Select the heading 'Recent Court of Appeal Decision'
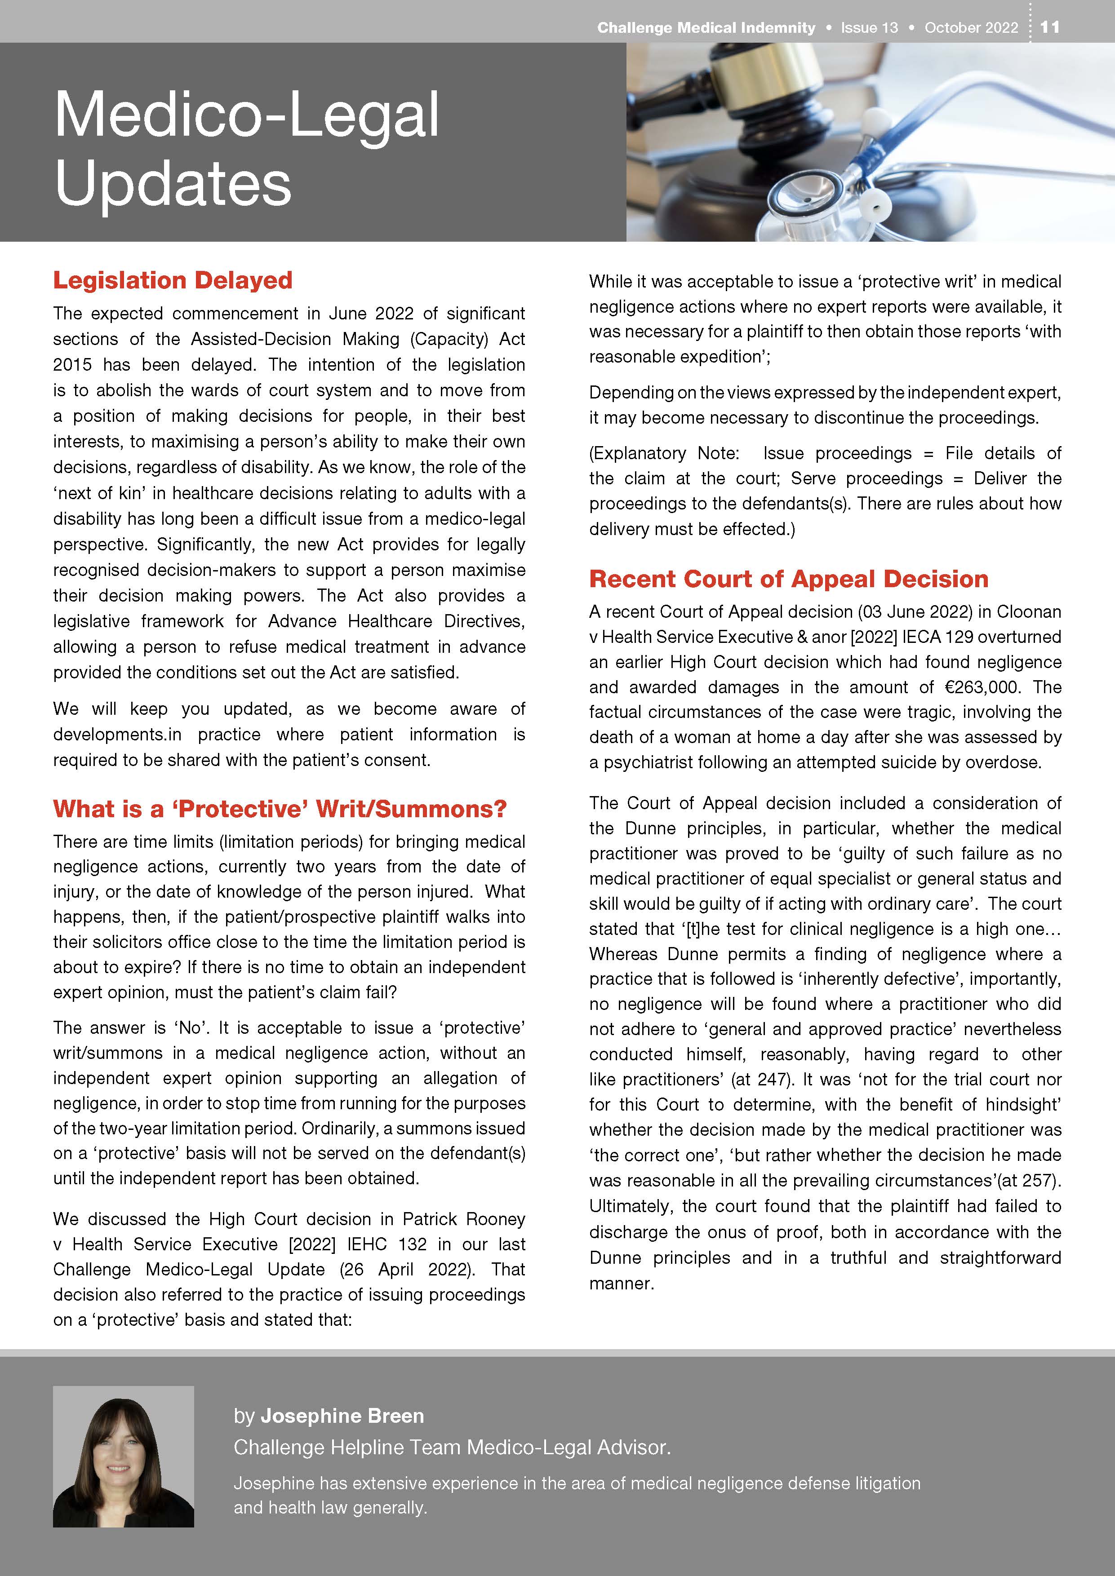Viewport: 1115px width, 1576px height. point(788,579)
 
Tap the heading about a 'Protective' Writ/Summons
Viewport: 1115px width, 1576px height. point(280,809)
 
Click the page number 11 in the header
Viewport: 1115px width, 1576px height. point(1050,27)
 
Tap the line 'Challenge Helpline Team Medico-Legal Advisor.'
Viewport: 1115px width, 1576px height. point(452,1447)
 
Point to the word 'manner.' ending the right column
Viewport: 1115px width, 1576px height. point(621,1284)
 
